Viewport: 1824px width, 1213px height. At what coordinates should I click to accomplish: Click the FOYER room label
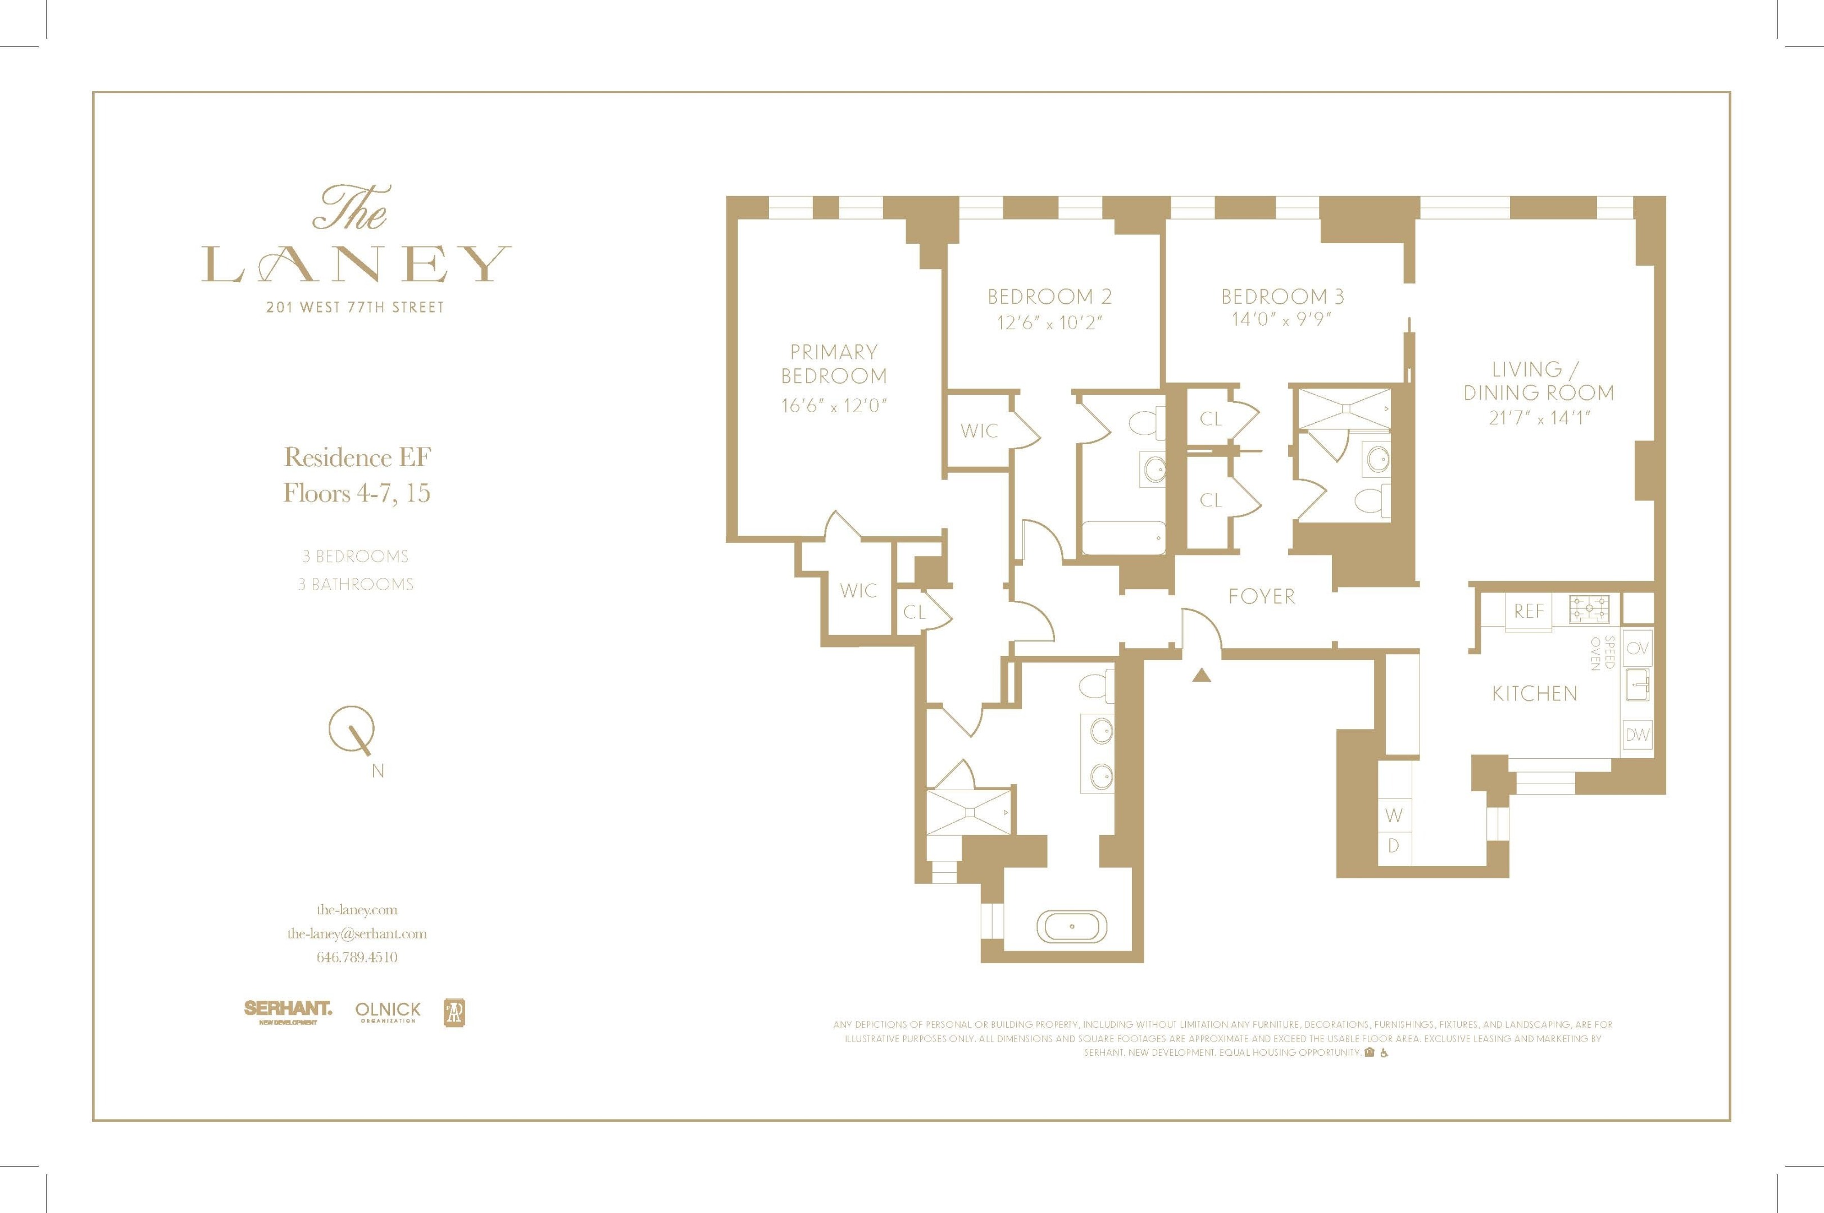tap(1261, 596)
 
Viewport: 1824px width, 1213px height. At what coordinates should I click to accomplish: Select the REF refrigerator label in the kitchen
tap(1529, 611)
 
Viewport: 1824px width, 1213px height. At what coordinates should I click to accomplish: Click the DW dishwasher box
tap(1637, 735)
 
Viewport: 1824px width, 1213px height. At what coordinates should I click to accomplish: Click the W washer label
tap(1393, 815)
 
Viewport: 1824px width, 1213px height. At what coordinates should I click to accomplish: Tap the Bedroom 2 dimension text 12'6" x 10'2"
tap(1049, 322)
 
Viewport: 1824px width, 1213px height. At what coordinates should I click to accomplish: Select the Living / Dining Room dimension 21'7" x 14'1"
tap(1539, 418)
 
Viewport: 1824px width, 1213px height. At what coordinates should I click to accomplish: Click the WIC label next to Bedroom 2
tap(979, 431)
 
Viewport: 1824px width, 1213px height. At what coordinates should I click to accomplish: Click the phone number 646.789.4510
tap(357, 957)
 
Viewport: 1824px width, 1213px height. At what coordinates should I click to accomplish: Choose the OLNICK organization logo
tap(388, 1011)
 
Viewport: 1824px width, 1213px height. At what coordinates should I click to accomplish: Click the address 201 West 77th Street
tap(355, 307)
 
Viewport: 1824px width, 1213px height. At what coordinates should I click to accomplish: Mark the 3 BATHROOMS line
tap(356, 584)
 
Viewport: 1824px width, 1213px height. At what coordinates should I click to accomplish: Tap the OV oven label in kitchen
tap(1637, 648)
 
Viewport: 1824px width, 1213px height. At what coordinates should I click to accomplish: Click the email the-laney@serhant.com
tap(357, 934)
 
